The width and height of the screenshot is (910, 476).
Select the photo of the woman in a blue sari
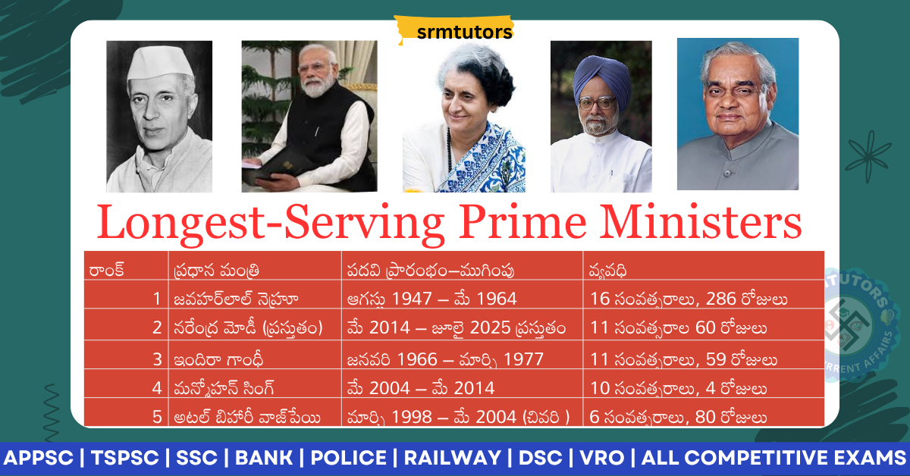click(463, 121)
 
